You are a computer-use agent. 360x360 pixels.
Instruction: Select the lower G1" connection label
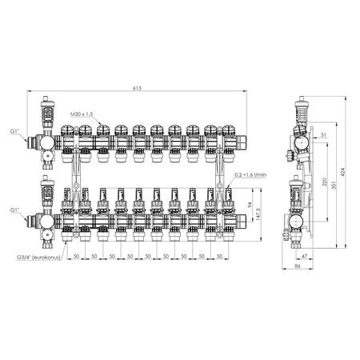(x=15, y=210)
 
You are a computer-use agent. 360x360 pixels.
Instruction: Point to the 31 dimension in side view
(x=322, y=135)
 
